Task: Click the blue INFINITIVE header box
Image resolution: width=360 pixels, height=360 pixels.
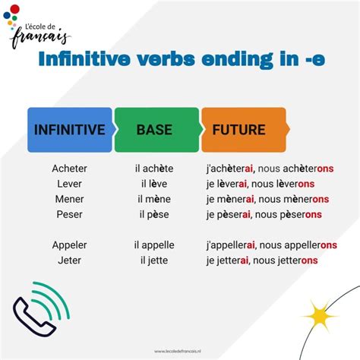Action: pos(69,130)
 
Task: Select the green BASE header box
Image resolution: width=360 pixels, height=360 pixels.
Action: pos(154,130)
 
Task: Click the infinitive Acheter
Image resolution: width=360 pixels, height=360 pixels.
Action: pos(70,169)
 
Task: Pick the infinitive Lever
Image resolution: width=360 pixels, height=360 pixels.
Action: pos(70,184)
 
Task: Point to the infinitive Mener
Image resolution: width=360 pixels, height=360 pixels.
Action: pos(70,199)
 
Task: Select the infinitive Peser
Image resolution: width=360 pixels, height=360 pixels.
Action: pos(70,214)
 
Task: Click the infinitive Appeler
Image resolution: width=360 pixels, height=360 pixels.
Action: pos(70,245)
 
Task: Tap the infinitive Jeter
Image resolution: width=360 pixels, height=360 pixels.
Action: pos(70,261)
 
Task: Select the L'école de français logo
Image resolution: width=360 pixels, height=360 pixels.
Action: pos(38,27)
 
